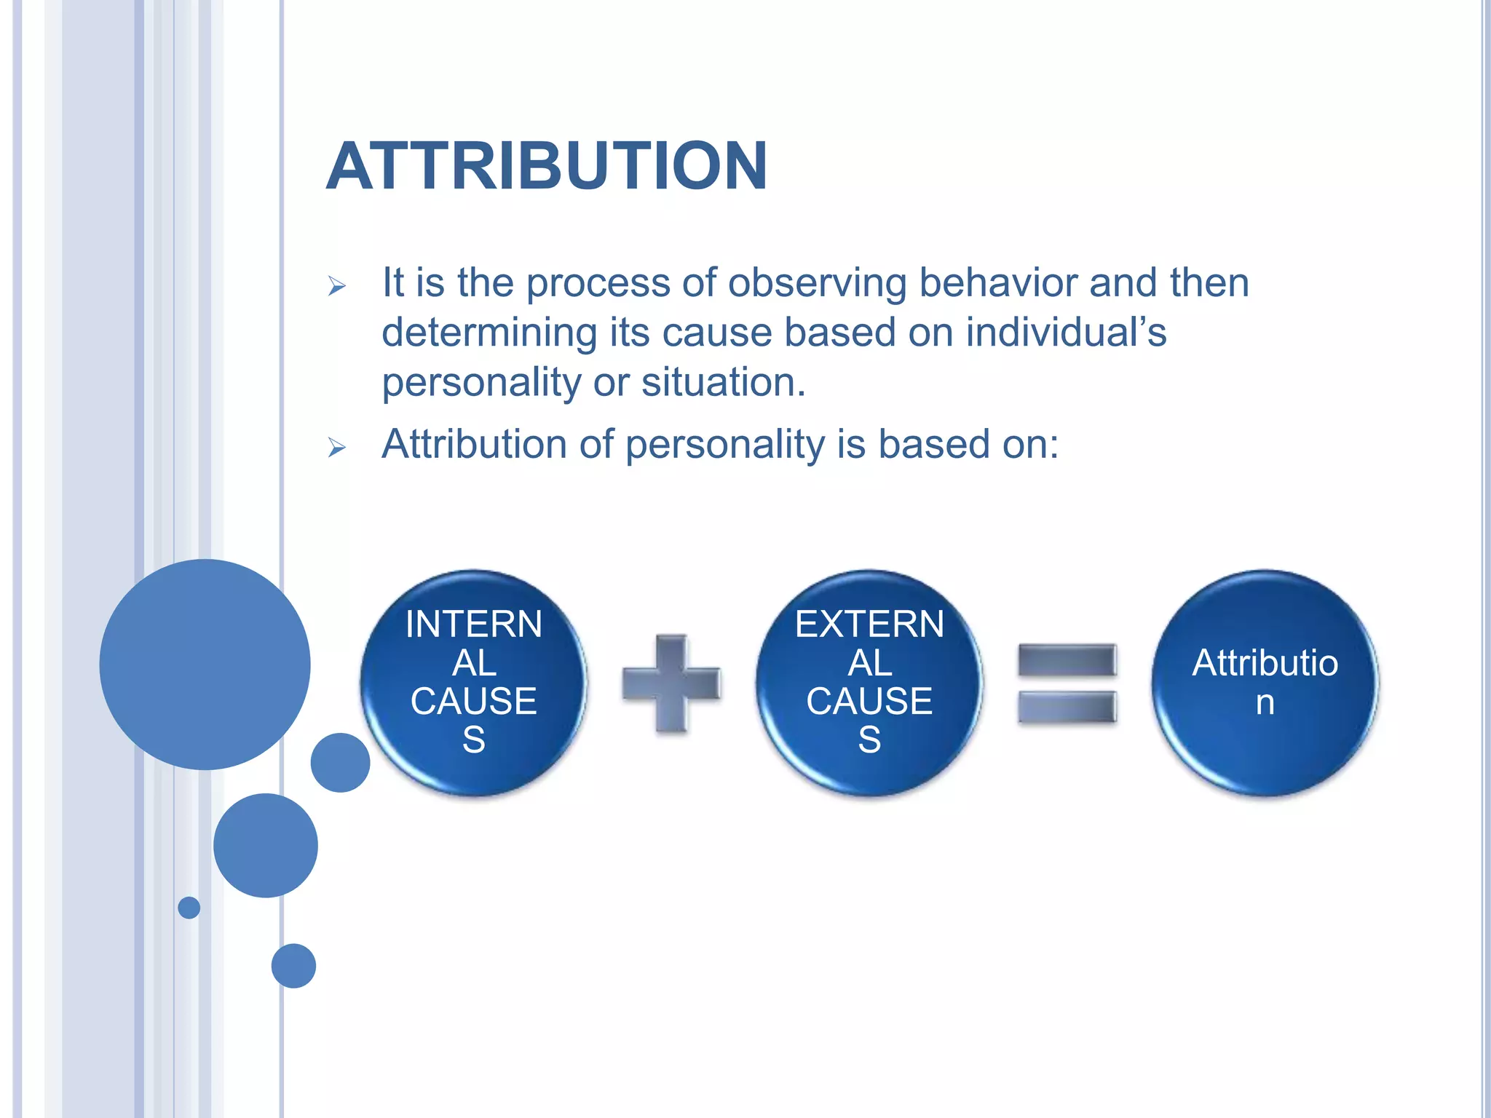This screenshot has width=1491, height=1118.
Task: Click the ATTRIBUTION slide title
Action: pos(546,166)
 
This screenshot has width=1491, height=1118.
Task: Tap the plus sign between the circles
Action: pos(671,683)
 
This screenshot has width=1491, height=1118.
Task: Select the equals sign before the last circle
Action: pos(1067,683)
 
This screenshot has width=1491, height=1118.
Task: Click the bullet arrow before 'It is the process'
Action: pos(336,286)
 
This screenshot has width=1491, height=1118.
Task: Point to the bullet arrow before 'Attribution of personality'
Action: pos(336,447)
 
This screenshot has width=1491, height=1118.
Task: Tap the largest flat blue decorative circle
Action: pos(205,664)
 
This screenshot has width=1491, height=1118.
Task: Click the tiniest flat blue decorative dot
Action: pos(189,908)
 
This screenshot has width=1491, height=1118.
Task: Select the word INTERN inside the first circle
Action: pos(473,624)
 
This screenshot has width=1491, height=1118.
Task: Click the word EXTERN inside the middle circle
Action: pos(869,624)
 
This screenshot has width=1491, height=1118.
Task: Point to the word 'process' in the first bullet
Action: pos(598,283)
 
